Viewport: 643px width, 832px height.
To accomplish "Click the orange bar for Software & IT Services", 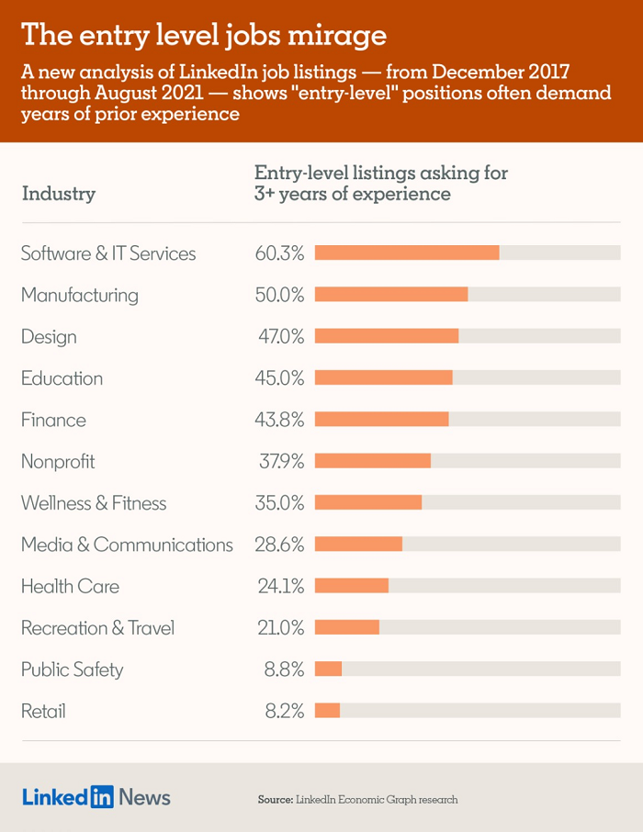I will [407, 253].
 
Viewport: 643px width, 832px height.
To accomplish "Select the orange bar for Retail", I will [328, 711].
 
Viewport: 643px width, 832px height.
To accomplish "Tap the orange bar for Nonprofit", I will [373, 461].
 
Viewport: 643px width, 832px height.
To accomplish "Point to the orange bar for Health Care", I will [352, 586].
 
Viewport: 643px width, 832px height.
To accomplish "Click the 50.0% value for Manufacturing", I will [280, 295].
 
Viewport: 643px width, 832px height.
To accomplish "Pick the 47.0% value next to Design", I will [280, 336].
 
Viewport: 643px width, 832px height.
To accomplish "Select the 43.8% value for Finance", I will [280, 420].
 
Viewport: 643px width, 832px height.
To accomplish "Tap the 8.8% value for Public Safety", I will [284, 669].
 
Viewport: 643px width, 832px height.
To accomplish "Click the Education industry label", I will [62, 378].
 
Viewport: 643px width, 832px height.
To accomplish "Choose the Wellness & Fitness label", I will [94, 503].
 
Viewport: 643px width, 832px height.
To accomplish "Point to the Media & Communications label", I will [127, 545].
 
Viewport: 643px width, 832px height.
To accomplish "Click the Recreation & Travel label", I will [97, 628].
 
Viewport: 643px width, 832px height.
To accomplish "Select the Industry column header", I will [58, 194].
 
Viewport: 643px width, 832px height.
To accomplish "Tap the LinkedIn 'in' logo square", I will [101, 797].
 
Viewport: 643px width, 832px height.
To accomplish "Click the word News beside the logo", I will [144, 797].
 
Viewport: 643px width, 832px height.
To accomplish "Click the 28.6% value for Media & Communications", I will [280, 545].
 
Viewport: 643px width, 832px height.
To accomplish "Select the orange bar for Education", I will [384, 377].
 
